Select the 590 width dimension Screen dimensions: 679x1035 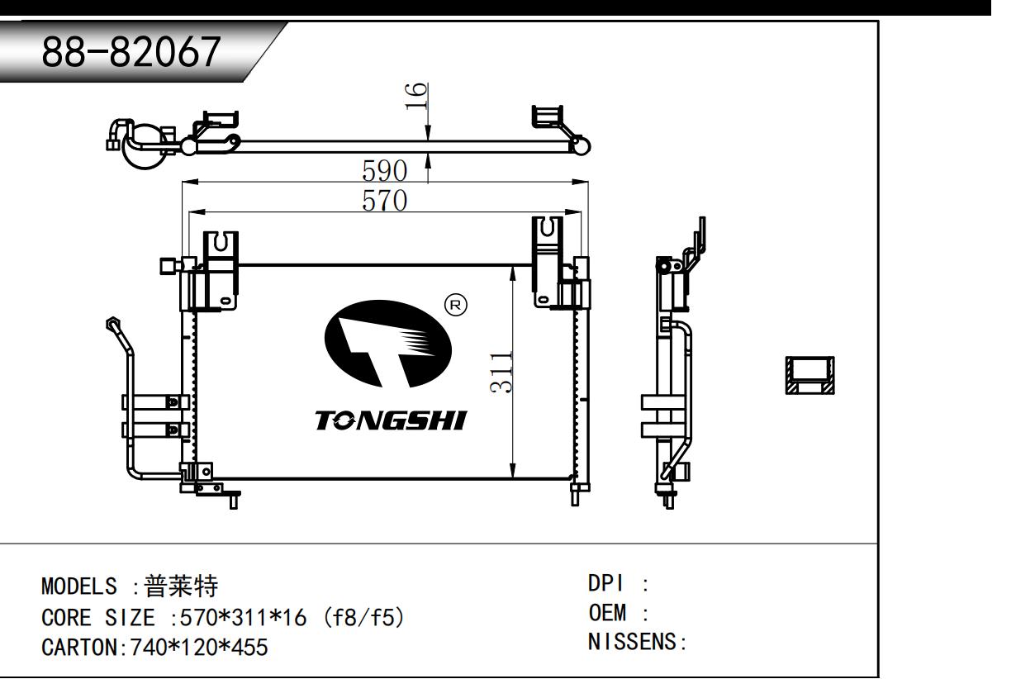tap(385, 171)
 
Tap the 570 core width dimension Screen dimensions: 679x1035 tap(385, 201)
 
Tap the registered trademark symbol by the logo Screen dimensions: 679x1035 tap(455, 306)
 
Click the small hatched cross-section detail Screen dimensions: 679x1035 tap(809, 375)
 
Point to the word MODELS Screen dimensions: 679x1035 tap(79, 587)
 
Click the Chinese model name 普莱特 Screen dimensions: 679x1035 tap(181, 586)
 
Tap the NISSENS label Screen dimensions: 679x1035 tap(632, 641)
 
